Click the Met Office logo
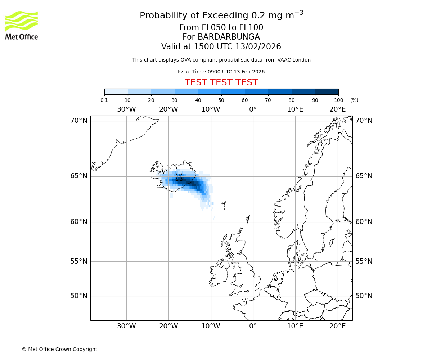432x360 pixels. click(22, 25)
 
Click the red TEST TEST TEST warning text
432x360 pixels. click(221, 82)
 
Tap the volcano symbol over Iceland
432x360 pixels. click(179, 177)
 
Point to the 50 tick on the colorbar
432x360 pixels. click(221, 100)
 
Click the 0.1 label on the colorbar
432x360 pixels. click(104, 100)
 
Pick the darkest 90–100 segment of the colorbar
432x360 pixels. click(327, 91)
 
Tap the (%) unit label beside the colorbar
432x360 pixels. click(354, 100)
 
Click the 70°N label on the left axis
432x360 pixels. click(79, 121)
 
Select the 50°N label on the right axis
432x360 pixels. click(364, 296)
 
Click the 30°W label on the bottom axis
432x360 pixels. click(126, 326)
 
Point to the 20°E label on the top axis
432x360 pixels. click(337, 109)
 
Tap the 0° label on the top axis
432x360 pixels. click(253, 109)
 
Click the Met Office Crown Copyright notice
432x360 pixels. click(59, 349)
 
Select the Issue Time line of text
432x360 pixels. click(221, 72)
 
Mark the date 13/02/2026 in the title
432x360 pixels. click(258, 47)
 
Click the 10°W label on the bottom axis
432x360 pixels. click(211, 326)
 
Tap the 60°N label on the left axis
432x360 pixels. click(79, 222)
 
